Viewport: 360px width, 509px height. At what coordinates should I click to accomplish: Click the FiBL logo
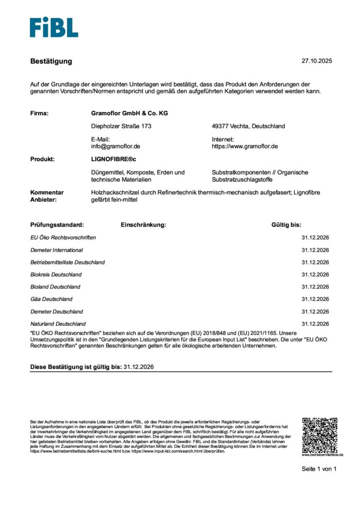click(54, 27)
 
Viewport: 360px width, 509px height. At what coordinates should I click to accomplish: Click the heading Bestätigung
click(51, 61)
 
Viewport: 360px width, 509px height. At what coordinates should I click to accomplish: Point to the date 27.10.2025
click(316, 61)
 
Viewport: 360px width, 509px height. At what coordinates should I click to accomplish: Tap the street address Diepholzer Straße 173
click(121, 126)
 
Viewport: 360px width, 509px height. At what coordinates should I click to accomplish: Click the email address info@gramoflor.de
click(116, 147)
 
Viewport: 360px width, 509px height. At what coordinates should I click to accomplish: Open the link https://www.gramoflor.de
click(245, 147)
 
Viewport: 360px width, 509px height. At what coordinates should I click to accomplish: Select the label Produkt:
click(43, 160)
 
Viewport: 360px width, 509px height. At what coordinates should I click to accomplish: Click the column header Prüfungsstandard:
click(57, 225)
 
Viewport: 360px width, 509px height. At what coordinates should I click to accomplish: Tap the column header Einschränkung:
click(143, 225)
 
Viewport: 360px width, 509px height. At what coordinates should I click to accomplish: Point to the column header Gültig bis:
click(286, 225)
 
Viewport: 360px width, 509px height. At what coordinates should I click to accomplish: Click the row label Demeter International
click(57, 250)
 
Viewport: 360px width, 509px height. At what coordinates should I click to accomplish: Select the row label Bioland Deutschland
click(55, 287)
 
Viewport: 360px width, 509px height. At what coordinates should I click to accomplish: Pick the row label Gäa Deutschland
click(51, 299)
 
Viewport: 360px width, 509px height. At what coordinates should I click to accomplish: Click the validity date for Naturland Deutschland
click(315, 324)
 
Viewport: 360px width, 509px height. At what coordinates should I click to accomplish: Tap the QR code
click(319, 434)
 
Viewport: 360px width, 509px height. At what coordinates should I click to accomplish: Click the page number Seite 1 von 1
click(319, 469)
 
